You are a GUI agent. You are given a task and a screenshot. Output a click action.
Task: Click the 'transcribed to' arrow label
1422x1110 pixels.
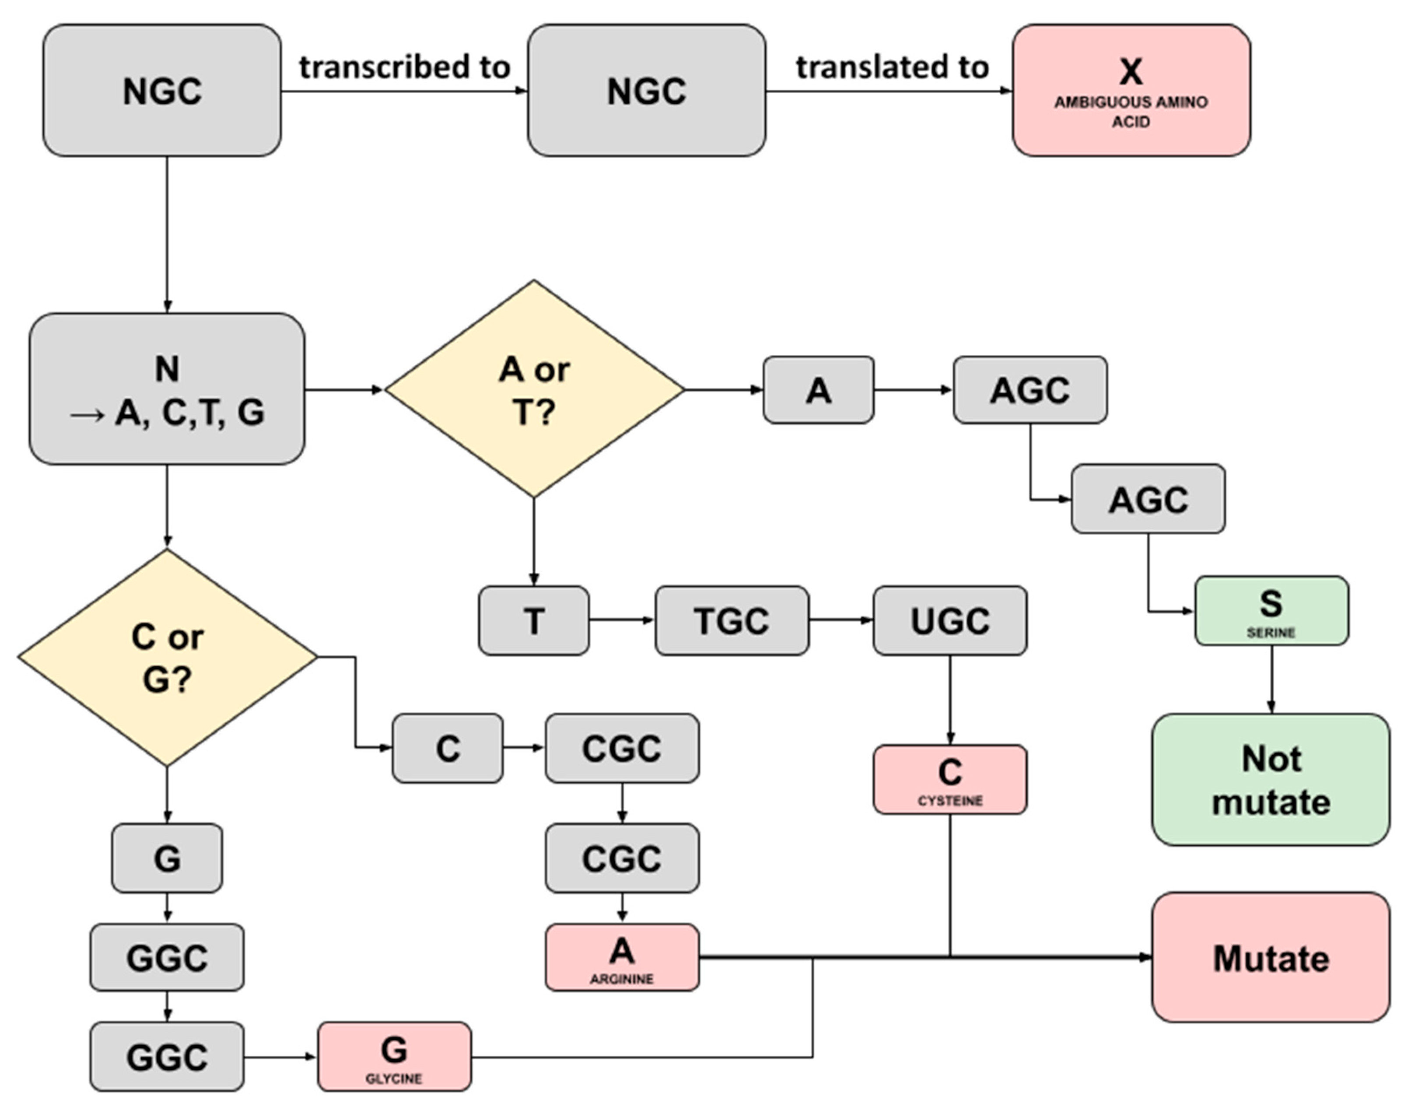tap(404, 67)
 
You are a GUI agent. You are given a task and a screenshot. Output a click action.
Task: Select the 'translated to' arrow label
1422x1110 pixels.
tap(892, 67)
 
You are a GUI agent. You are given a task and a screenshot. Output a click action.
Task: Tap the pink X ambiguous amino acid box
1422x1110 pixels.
tap(1131, 91)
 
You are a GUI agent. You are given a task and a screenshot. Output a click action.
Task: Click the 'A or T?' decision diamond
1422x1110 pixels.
tap(534, 389)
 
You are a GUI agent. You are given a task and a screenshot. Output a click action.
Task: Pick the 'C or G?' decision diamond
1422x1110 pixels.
tap(167, 658)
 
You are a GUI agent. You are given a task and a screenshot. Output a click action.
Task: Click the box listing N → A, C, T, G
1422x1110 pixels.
tap(167, 389)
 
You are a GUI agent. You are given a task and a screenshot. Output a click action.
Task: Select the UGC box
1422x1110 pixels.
tap(950, 620)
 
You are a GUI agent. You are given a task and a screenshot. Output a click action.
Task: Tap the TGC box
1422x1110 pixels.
tap(732, 620)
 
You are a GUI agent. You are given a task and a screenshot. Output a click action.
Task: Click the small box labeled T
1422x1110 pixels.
tap(534, 620)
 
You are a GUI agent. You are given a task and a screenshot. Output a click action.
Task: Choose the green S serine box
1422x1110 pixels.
tap(1271, 611)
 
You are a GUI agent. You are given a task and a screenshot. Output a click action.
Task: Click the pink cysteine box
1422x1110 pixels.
tap(950, 779)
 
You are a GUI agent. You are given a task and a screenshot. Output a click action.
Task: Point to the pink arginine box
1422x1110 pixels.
tap(622, 957)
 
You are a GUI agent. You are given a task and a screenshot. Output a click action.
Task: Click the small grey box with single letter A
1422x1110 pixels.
tap(819, 390)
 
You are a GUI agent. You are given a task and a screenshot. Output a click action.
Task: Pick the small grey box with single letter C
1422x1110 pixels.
tap(447, 748)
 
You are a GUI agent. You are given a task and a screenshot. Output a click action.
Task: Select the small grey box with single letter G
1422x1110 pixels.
tap(167, 858)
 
